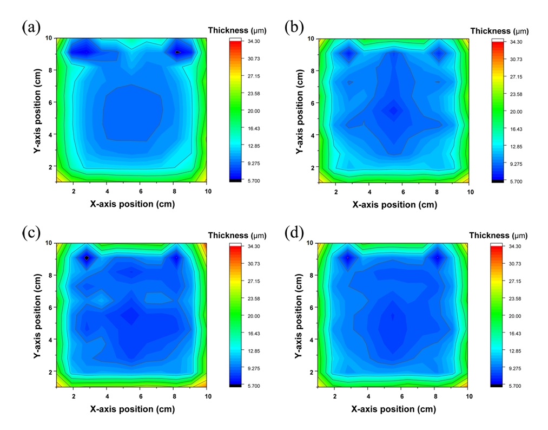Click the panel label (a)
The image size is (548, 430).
click(31, 27)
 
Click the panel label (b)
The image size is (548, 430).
click(294, 27)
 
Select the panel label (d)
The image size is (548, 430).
click(294, 233)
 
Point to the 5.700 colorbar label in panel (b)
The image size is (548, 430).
click(517, 181)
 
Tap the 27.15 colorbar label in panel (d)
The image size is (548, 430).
click(517, 282)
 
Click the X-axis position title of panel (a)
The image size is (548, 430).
click(132, 204)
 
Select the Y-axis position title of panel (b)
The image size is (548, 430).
click(300, 111)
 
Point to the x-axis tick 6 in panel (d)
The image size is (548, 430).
click(402, 396)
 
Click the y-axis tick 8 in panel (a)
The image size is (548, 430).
click(49, 70)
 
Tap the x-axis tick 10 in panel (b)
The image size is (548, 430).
click(469, 192)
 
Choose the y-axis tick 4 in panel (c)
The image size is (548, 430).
click(49, 340)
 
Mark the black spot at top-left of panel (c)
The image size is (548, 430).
click(87, 258)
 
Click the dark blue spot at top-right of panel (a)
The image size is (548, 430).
click(178, 53)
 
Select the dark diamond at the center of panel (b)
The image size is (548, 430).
click(393, 110)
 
